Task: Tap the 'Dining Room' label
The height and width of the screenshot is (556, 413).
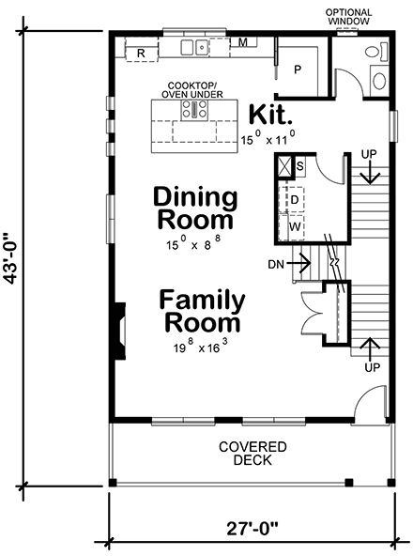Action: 195,208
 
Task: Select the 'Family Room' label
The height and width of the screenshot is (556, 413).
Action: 203,312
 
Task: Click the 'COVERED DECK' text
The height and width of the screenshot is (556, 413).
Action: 252,454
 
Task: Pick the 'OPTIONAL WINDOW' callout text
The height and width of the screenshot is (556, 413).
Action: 347,15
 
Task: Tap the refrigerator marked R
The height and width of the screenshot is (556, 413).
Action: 140,54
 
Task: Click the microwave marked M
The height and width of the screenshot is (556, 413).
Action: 242,43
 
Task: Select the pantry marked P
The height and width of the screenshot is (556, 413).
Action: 298,69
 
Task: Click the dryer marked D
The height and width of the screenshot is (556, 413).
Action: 294,200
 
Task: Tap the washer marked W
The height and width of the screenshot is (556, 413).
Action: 294,226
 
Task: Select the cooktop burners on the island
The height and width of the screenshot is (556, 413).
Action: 199,110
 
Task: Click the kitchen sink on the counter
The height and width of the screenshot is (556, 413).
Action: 194,47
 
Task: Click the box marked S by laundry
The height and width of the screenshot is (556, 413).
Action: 299,166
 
